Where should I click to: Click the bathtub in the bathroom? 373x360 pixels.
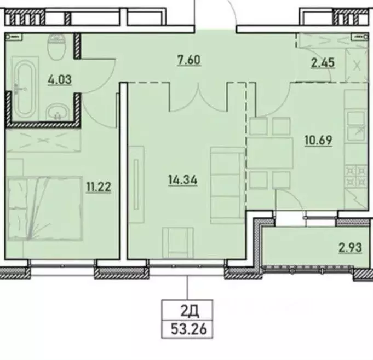click(x=24, y=90)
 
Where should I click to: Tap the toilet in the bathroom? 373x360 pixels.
click(x=56, y=48)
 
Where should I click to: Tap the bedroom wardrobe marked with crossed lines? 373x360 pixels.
click(x=44, y=141)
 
